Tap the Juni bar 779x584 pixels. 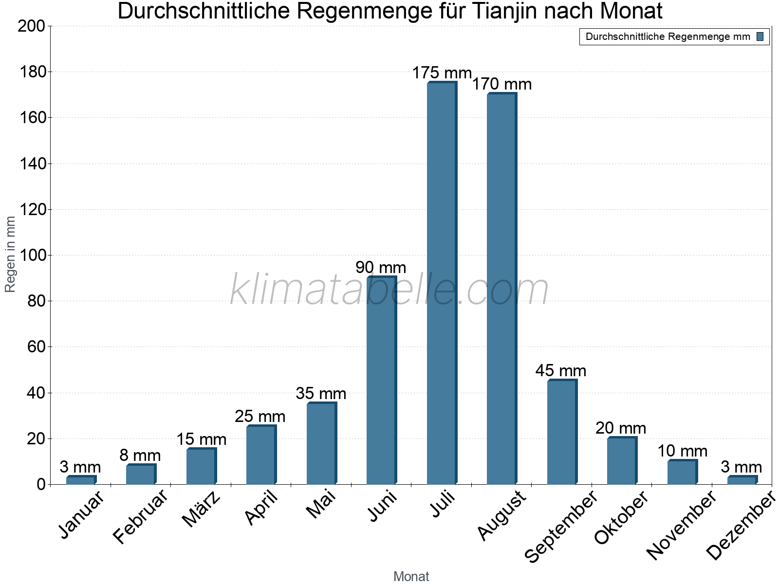pyautogui.click(x=381, y=380)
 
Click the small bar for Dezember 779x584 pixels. pyautogui.click(x=742, y=480)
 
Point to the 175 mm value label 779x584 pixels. pyautogui.click(x=442, y=73)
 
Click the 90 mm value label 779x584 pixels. pyautogui.click(x=381, y=268)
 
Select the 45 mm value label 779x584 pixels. pyautogui.click(x=561, y=371)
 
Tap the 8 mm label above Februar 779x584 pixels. pyautogui.click(x=140, y=456)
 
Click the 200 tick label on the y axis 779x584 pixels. pyautogui.click(x=32, y=26)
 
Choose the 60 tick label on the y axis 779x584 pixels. pyautogui.click(x=36, y=347)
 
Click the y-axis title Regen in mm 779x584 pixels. pyautogui.click(x=10, y=255)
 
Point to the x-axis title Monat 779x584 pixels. pyautogui.click(x=411, y=576)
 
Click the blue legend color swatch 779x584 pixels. pyautogui.click(x=760, y=36)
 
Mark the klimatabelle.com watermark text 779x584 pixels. pyautogui.click(x=389, y=290)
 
